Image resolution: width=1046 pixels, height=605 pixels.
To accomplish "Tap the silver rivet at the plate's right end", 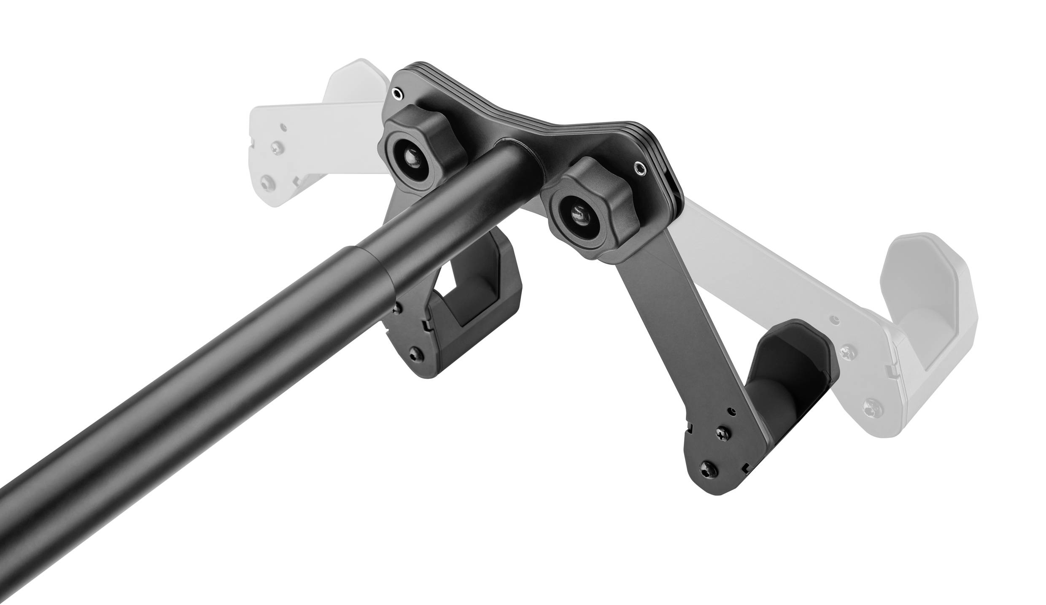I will tap(639, 169).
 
